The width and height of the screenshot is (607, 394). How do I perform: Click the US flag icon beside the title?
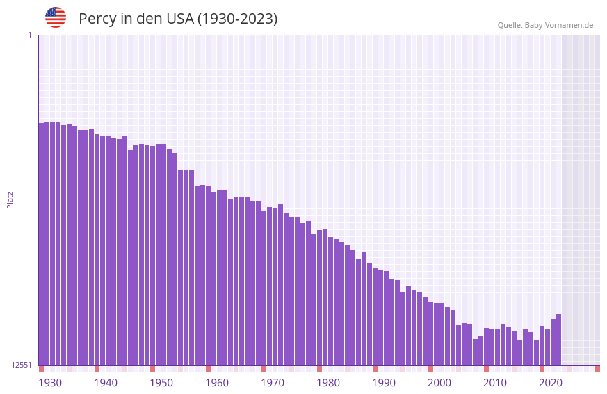56,17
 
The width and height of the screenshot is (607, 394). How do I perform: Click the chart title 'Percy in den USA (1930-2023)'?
178,19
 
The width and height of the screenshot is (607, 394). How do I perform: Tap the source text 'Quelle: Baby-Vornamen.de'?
545,25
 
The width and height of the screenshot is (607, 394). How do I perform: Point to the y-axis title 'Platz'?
10,199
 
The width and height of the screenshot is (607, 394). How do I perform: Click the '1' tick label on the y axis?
29,35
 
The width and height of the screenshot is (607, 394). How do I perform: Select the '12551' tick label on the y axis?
22,365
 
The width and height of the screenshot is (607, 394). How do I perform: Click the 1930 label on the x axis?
50,383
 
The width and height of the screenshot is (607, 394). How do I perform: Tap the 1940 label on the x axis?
106,383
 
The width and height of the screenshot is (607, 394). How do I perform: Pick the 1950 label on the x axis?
161,383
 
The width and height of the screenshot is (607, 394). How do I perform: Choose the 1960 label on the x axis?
217,383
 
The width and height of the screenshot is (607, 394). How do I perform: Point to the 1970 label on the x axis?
273,383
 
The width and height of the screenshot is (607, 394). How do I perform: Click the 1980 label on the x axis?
328,383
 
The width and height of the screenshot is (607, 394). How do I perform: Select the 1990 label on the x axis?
384,383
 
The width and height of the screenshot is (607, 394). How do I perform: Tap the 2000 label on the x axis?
439,383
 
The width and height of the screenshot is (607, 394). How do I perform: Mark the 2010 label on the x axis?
495,383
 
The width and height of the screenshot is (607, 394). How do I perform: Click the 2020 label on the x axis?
551,383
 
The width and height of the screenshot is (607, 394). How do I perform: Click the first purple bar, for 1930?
41,243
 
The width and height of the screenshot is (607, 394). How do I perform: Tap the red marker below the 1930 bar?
41,368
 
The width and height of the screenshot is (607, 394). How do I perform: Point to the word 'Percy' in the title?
97,19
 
